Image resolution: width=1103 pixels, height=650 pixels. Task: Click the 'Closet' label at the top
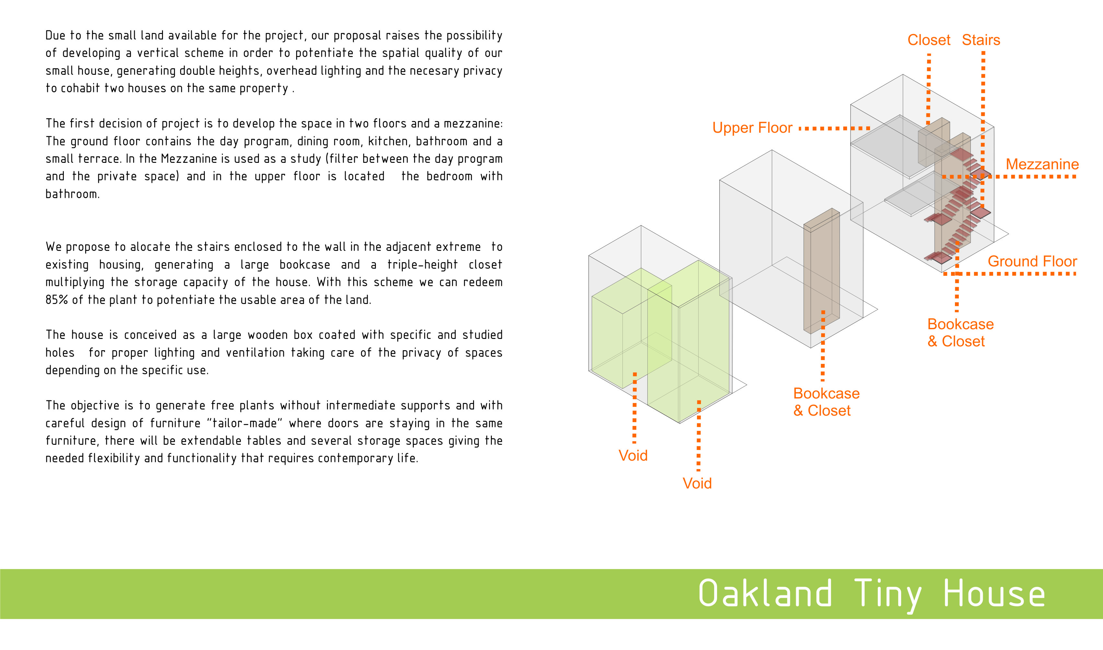(x=929, y=40)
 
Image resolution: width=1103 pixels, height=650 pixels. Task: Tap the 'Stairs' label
(x=981, y=40)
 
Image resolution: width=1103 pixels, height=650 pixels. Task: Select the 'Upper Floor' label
(x=752, y=128)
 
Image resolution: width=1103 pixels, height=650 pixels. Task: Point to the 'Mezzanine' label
(x=1042, y=164)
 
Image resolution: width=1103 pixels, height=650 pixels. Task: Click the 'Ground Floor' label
(x=1032, y=262)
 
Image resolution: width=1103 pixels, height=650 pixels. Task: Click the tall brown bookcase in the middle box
(x=821, y=272)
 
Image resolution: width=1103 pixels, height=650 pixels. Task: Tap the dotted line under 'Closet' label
(x=929, y=88)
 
